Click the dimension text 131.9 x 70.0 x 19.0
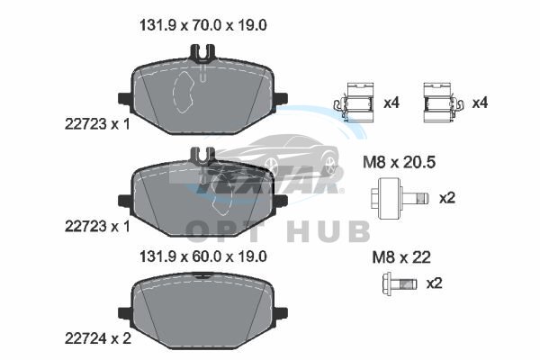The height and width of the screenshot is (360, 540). click(x=203, y=25)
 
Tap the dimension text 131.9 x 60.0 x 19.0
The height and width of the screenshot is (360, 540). click(x=203, y=256)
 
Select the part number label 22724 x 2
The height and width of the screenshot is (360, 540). click(x=98, y=339)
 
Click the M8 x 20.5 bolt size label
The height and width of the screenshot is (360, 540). click(x=399, y=162)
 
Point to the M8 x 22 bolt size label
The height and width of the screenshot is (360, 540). click(x=401, y=257)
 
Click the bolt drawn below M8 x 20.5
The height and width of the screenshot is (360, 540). click(x=400, y=198)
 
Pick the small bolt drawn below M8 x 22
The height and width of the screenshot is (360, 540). click(x=400, y=283)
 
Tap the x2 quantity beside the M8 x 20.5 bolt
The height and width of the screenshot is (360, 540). click(x=447, y=198)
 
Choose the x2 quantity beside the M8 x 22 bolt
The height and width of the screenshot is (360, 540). click(x=435, y=283)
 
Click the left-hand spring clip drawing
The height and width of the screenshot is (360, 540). click(x=354, y=103)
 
